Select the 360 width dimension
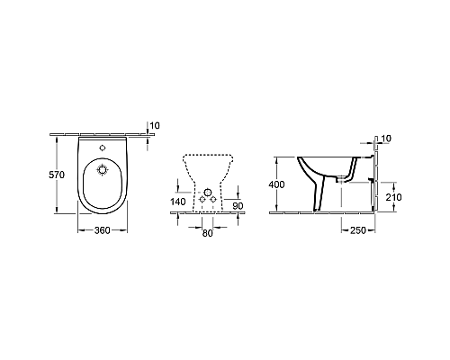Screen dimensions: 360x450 103,229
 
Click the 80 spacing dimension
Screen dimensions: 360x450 208,232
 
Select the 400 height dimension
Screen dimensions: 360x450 278,184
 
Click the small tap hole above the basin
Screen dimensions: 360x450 103,147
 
